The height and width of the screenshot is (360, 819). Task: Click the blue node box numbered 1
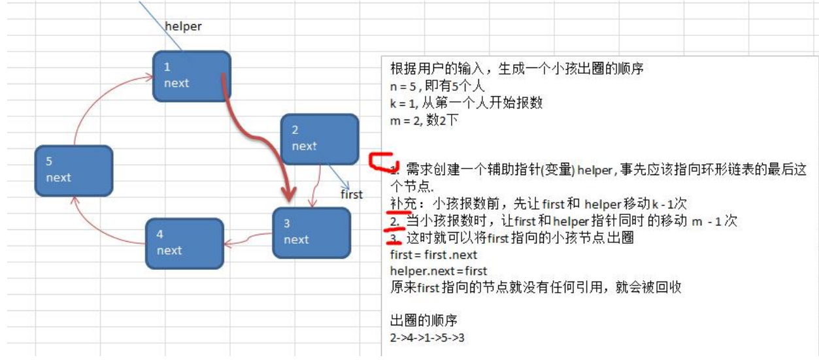[192, 76]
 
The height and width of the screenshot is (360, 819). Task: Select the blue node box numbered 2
[319, 139]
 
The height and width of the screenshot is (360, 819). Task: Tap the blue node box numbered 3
[312, 232]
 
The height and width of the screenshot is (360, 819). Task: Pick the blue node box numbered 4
[184, 242]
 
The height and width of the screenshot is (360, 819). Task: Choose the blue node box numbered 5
[73, 170]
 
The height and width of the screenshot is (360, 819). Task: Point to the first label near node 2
[352, 194]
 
